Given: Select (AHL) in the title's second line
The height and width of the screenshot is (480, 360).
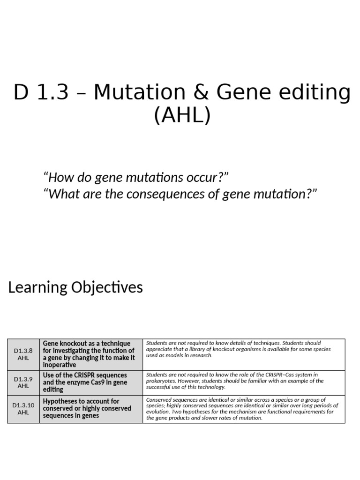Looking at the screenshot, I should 182,115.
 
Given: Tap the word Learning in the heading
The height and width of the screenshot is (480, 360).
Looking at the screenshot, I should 38,287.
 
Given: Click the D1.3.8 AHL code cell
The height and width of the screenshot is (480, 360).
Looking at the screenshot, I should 23,354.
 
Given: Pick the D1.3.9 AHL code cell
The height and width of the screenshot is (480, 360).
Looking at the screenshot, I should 23,382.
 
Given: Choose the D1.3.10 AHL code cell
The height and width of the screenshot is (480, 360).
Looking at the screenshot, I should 23,409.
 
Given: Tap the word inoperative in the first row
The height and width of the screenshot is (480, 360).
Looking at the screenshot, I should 59,365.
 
